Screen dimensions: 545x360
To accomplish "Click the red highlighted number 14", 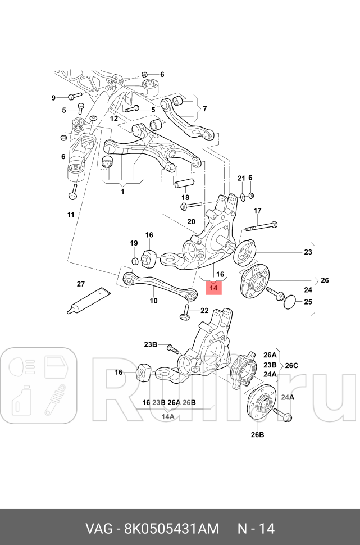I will tap(213, 288).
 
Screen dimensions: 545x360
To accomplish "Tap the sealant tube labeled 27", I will tap(86, 299).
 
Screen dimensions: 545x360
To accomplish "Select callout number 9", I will tap(54, 98).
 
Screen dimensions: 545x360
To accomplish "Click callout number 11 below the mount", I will tap(71, 215).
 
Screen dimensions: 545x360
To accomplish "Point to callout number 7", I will tap(204, 109).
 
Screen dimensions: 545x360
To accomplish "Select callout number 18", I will tap(185, 197).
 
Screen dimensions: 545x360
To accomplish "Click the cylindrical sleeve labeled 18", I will tap(184, 183).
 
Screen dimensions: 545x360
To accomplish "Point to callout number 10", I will tap(153, 301).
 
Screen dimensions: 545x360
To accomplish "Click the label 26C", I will tap(291, 365).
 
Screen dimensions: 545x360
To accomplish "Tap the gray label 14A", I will tap(168, 417).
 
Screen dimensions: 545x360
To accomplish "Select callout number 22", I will tap(204, 311).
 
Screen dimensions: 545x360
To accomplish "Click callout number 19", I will tap(134, 243).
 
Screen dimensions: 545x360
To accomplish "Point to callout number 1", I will tap(122, 191).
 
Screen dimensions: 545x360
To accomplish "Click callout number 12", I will tap(113, 119).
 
